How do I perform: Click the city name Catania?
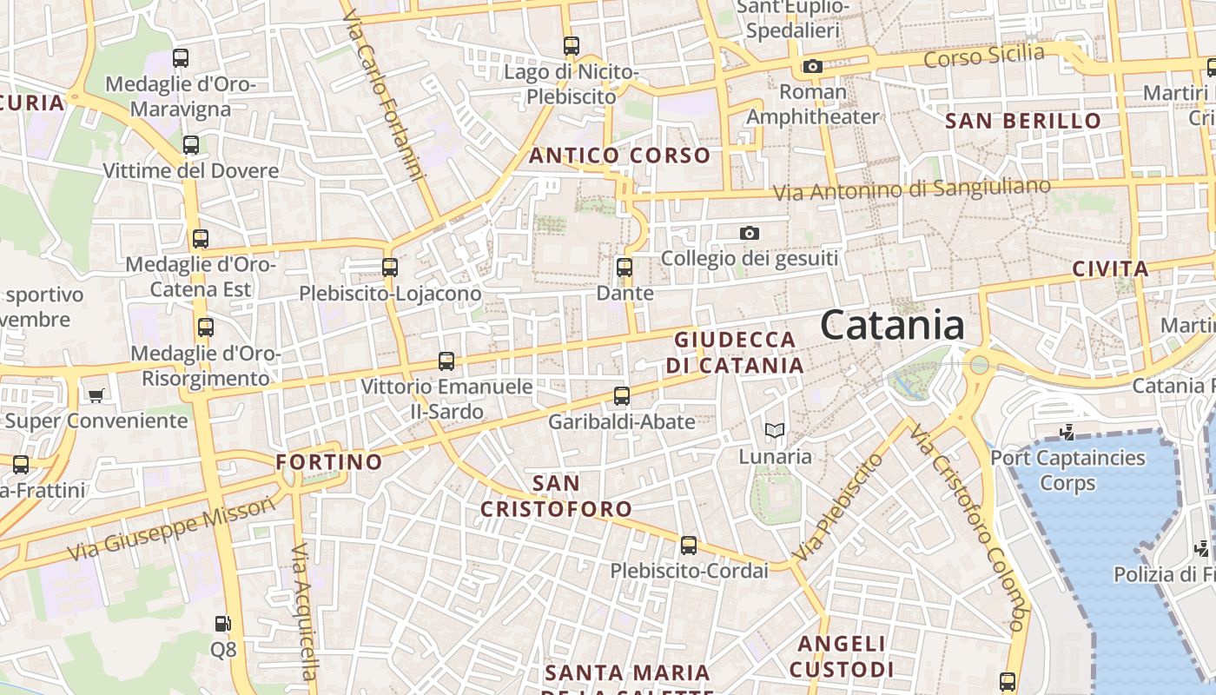892,326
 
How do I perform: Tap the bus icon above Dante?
624,267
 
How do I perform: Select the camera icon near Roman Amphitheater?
813,66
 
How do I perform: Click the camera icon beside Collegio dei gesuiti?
749,233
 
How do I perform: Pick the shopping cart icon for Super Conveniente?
96,395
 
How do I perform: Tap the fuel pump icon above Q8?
222,623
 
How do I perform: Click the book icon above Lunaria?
774,430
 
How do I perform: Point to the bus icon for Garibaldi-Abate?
622,396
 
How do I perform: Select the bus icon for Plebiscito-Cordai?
689,546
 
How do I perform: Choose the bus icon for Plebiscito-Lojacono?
390,268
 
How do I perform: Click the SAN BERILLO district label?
1023,121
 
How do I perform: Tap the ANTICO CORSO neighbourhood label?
619,156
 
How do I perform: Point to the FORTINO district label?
329,461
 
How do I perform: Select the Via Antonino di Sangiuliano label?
911,189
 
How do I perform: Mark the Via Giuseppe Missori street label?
157,532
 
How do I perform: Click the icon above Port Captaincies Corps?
1067,432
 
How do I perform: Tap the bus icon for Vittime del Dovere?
191,145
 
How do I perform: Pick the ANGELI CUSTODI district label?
841,656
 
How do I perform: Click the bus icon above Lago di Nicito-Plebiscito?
571,46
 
